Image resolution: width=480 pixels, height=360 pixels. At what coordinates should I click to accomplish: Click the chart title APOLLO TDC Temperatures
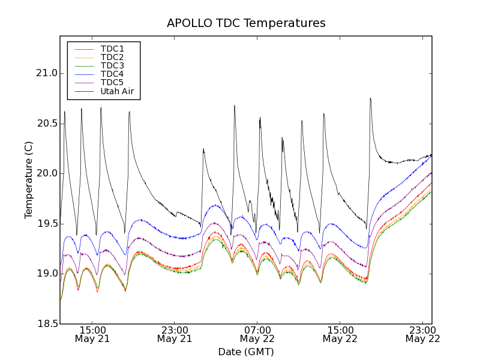tap(246, 23)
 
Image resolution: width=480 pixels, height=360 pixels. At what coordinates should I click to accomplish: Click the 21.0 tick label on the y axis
tap(46, 73)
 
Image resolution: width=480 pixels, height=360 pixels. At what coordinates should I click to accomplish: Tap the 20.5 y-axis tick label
tap(46, 124)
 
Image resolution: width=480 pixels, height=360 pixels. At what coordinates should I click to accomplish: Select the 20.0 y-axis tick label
tap(46, 173)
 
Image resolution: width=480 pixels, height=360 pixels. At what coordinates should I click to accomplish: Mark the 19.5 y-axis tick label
tap(46, 224)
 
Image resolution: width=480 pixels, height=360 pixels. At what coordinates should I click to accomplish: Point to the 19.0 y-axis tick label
tap(46, 274)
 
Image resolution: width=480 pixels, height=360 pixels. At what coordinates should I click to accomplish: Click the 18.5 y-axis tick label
tap(46, 324)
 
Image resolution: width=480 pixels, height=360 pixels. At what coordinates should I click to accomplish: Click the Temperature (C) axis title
tap(29, 180)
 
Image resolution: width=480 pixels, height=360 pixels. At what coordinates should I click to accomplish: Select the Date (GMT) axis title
tap(246, 352)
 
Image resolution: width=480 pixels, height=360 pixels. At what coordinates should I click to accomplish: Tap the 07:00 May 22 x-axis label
tap(257, 334)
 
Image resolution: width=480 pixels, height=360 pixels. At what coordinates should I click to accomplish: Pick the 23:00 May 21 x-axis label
tap(175, 334)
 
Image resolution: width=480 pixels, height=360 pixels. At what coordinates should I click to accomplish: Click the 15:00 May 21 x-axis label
tap(92, 334)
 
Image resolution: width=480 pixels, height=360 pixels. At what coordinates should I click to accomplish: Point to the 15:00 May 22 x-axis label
tap(340, 334)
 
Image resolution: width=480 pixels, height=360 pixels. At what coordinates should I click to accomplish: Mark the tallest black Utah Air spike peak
tap(370, 98)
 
